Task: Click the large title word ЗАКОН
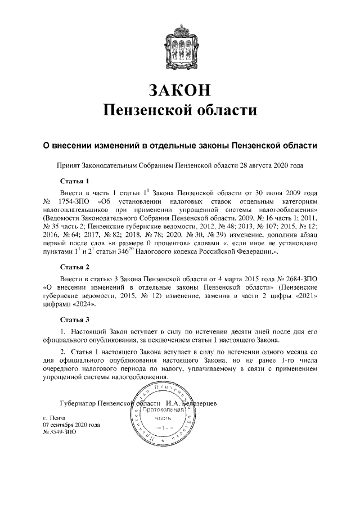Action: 180,89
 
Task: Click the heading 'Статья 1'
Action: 75,181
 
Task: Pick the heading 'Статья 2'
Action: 75,266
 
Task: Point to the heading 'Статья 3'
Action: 75,319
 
